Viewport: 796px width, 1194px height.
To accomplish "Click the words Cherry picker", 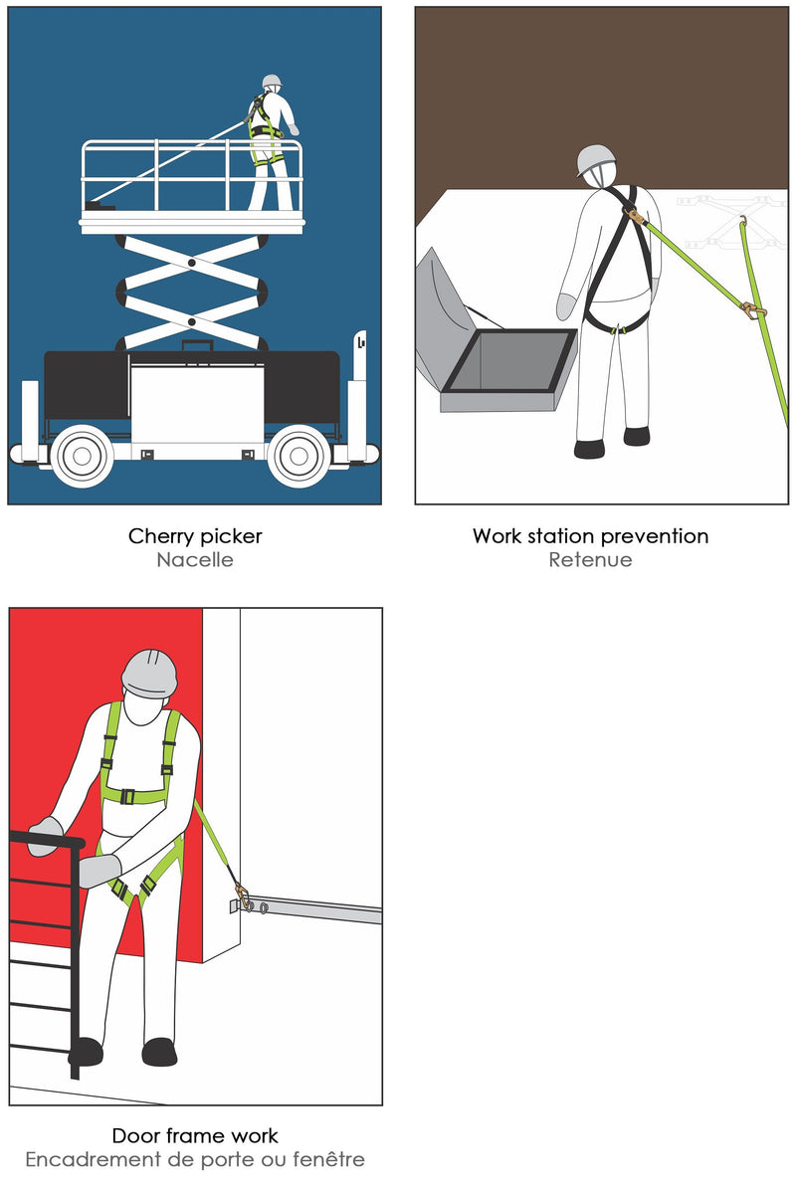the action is pos(195,536).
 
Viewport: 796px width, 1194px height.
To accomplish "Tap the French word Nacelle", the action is pos(195,559).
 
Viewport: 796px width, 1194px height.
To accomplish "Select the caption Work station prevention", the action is pos(591,536).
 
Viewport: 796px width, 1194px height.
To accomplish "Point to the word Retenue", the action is pos(591,559).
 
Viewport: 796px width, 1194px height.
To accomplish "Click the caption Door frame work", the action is pos(195,1136).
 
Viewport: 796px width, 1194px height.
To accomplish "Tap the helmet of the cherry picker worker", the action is pos(272,81).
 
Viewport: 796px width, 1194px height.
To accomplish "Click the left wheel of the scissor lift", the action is pos(83,456).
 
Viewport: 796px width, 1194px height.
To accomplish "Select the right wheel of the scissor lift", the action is pos(298,456).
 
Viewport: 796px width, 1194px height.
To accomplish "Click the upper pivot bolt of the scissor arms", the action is pos(191,263).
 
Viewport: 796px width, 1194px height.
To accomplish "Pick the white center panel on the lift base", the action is pos(197,404).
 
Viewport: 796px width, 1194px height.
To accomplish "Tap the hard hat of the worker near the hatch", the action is pos(596,160).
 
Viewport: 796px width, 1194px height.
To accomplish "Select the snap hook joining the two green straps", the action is pos(753,309).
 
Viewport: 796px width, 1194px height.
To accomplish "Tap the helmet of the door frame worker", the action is pos(149,674).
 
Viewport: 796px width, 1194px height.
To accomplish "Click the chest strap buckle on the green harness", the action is pos(127,797).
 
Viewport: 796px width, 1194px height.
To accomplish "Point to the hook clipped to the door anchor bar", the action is pos(243,896).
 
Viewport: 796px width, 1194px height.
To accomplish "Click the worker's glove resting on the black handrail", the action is pos(46,835).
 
